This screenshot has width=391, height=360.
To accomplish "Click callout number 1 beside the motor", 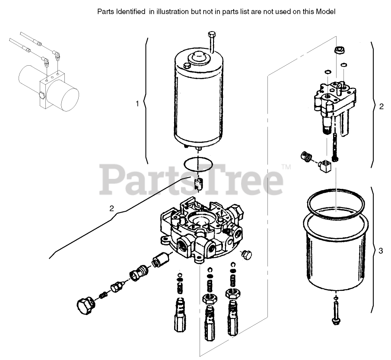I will pyautogui.click(x=137, y=104).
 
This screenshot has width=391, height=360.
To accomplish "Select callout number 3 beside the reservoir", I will pyautogui.click(x=380, y=251).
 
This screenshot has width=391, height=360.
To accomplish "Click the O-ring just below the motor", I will pyautogui.click(x=197, y=164).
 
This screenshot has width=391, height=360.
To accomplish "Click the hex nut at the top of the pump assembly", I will pyautogui.click(x=338, y=51).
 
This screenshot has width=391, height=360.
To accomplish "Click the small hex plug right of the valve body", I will pyautogui.click(x=247, y=254).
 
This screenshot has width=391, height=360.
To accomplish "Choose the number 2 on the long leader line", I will pyautogui.click(x=111, y=208).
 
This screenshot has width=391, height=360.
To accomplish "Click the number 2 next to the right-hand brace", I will pyautogui.click(x=381, y=106).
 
